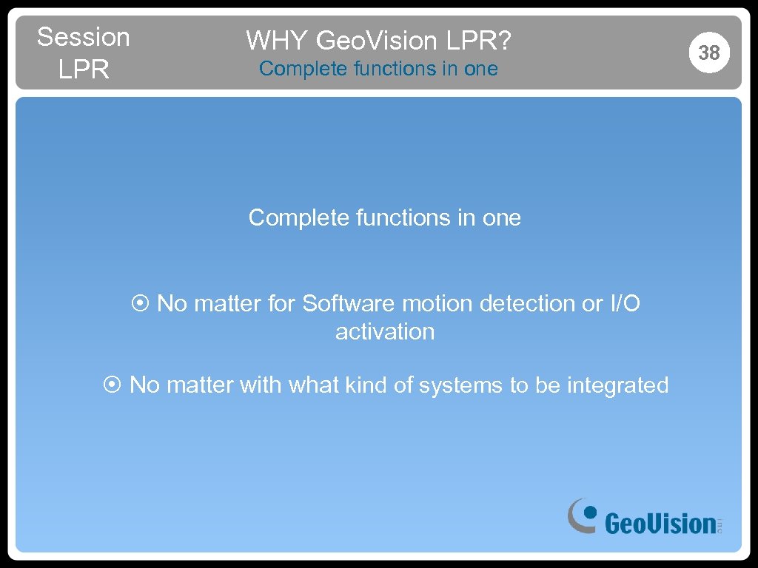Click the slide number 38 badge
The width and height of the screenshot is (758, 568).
[708, 53]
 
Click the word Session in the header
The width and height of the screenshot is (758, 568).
[83, 36]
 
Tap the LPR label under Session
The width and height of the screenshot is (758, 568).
[83, 70]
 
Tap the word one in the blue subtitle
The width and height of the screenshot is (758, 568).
[480, 69]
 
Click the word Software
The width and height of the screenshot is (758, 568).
[349, 303]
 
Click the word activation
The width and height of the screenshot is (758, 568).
[385, 331]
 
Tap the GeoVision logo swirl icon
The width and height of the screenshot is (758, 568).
[582, 515]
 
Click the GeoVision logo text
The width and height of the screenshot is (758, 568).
[660, 524]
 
